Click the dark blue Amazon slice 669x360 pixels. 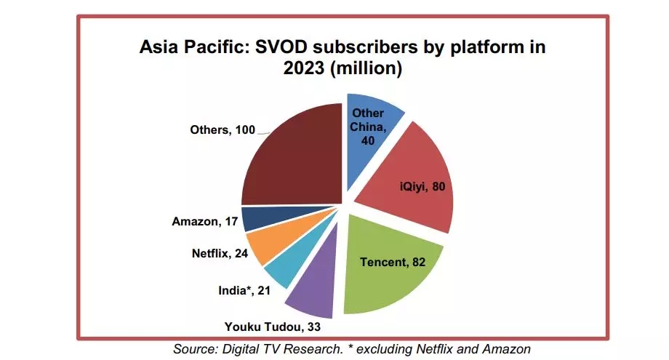[256, 218]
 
